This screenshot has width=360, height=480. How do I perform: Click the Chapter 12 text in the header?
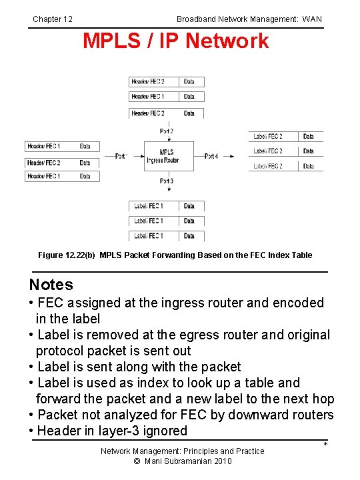pyautogui.click(x=53, y=19)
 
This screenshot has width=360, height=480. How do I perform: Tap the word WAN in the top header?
pyautogui.click(x=311, y=19)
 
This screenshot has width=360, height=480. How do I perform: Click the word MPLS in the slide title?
pyautogui.click(x=108, y=41)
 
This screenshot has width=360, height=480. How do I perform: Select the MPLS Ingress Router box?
pyautogui.click(x=169, y=156)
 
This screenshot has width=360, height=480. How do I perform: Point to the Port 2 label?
pyautogui.click(x=167, y=131)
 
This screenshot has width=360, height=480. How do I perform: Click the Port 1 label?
pyautogui.click(x=121, y=156)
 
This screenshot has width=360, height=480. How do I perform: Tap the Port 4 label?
pyautogui.click(x=211, y=156)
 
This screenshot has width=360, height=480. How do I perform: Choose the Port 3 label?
pyautogui.click(x=167, y=181)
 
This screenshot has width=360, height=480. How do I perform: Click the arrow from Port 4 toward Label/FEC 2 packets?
pyautogui.click(x=228, y=156)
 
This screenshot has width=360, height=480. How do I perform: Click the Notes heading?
pyautogui.click(x=51, y=285)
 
